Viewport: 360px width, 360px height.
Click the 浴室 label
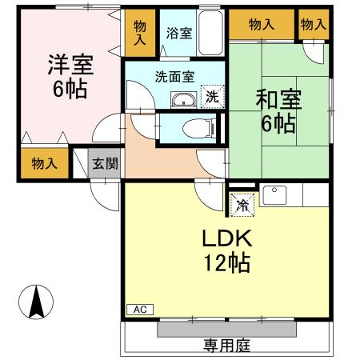pos(178,34)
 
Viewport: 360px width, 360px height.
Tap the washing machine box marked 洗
pos(212,97)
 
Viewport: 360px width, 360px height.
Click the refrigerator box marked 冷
pos(241,205)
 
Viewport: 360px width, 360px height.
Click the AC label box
pos(138,309)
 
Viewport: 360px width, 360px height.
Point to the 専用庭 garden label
pos(226,345)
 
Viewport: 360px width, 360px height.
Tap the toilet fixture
pos(195,128)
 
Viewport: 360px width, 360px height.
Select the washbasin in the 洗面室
pos(184,100)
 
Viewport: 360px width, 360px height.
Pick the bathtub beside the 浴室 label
pos(211,34)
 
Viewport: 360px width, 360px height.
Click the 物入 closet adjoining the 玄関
pos(44,164)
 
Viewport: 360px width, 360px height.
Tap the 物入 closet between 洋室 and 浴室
pos(140,33)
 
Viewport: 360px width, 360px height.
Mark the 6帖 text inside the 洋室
pos(70,88)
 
